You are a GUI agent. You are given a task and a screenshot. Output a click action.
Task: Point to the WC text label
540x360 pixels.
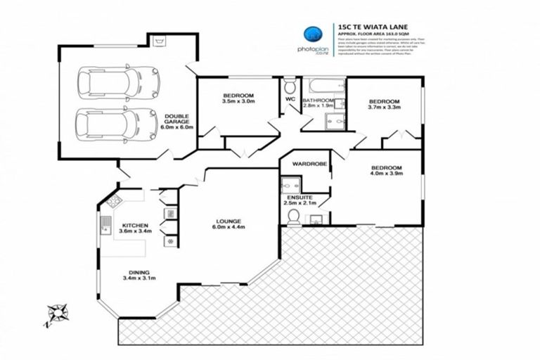pyautogui.click(x=289, y=100)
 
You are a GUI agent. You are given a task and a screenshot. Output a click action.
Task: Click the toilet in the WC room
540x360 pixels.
pyautogui.click(x=290, y=87)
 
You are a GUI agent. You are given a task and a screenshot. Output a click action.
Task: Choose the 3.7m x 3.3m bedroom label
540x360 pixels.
pyautogui.click(x=385, y=105)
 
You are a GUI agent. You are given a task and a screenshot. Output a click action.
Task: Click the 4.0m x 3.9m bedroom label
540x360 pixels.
pyautogui.click(x=386, y=171)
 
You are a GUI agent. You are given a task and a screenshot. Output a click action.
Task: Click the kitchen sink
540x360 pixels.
pyautogui.click(x=105, y=226)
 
